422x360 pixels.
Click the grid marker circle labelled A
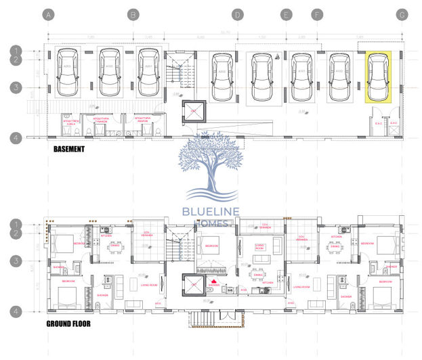click(x=47, y=14)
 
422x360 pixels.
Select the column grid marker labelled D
click(x=237, y=14)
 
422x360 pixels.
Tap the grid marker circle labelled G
click(x=402, y=14)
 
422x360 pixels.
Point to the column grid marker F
click(x=316, y=14)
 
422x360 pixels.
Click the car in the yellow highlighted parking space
click(x=377, y=75)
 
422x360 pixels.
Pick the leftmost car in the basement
click(x=68, y=73)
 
